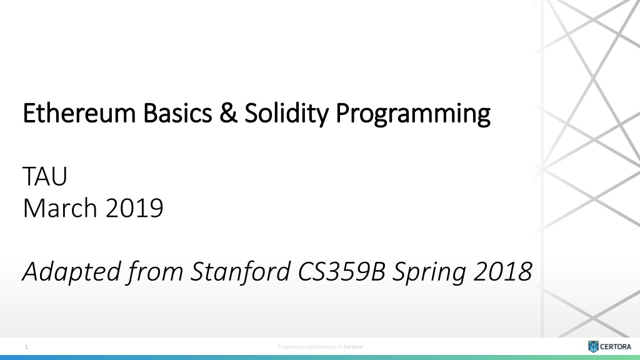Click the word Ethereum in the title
point(79,112)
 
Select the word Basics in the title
point(177,112)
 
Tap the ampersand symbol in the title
point(228,112)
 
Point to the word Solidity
point(286,114)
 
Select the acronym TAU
point(45,176)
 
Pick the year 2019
point(134,208)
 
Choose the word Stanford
point(241,271)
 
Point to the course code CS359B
point(342,271)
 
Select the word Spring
point(429,272)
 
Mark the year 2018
point(503,272)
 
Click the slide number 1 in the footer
point(26,347)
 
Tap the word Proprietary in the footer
point(291,347)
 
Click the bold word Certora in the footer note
point(352,347)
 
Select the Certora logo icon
point(593,346)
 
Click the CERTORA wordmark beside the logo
point(616,347)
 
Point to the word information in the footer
point(321,347)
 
